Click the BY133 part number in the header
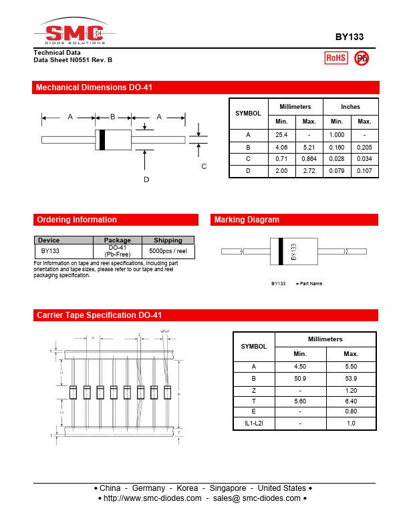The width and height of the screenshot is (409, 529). point(349,38)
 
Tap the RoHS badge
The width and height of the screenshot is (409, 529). point(335,58)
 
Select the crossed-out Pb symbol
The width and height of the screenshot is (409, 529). point(362,58)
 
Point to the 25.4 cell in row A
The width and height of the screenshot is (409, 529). point(281,135)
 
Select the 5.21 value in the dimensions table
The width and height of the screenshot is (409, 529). point(309,147)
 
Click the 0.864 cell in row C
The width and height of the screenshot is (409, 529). point(309,159)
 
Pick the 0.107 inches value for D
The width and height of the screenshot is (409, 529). point(364,171)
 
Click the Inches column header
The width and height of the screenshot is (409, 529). point(350,107)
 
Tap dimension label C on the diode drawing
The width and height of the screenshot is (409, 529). point(204,166)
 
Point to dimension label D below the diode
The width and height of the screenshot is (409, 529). point(146,179)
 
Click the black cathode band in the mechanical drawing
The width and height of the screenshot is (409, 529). point(102,140)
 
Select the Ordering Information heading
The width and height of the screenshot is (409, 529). point(77,220)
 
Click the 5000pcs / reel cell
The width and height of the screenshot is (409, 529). point(168,251)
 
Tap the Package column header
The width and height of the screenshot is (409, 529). point(118,240)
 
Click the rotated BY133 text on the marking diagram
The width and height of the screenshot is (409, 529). point(293,252)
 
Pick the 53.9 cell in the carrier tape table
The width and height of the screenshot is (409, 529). point(351,379)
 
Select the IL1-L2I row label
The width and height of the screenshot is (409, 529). point(253,423)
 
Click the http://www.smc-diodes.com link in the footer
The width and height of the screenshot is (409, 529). point(152,498)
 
